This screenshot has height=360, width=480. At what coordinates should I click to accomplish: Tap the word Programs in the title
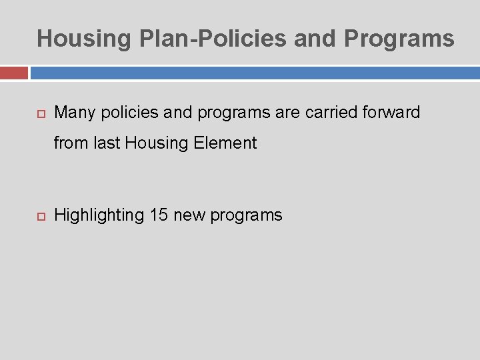[x=399, y=39]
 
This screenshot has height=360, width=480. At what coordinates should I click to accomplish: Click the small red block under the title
[x=13, y=73]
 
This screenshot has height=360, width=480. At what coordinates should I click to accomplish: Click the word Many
[x=75, y=113]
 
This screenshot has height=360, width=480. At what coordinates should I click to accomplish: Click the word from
[x=68, y=143]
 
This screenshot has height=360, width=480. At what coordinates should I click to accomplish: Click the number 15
[x=159, y=215]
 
